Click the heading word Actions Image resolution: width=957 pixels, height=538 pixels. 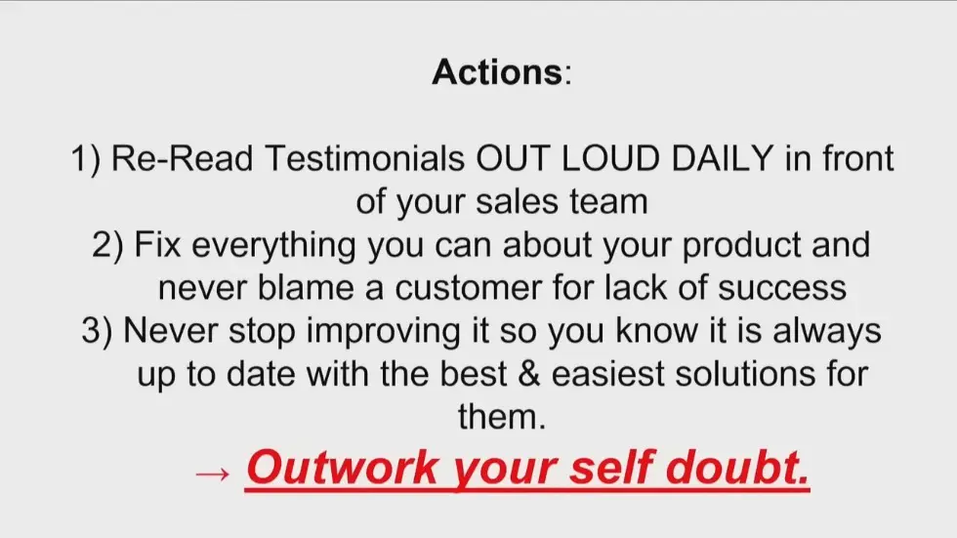496,72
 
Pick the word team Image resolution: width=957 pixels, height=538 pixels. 608,202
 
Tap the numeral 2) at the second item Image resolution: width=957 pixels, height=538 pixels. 107,245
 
